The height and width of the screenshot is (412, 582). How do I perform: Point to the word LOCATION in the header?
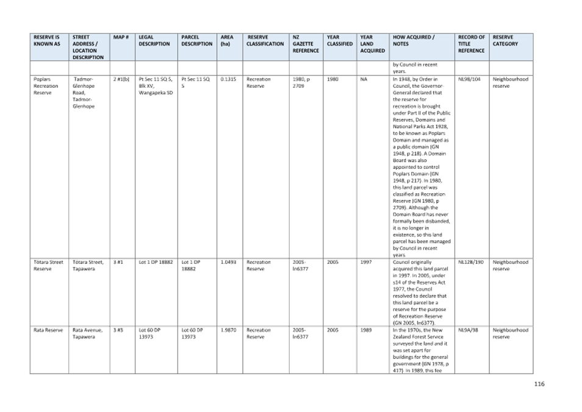click(85, 51)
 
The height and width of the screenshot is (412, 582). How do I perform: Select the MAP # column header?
click(120, 37)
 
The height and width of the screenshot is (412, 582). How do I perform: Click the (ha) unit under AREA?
click(226, 44)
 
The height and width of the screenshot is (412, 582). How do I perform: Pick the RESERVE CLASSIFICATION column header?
click(265, 40)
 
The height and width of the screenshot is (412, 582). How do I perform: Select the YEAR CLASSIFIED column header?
click(339, 40)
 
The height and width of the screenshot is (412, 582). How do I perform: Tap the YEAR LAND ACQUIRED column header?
click(372, 44)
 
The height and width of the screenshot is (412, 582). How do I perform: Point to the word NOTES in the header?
click(401, 44)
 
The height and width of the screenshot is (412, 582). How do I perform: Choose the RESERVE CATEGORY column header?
click(506, 40)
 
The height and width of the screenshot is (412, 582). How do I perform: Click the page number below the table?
click(539, 384)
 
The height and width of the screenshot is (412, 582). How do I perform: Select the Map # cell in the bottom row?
click(118, 330)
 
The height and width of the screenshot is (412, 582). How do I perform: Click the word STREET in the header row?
click(81, 37)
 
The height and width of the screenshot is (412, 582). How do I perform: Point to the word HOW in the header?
click(400, 37)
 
